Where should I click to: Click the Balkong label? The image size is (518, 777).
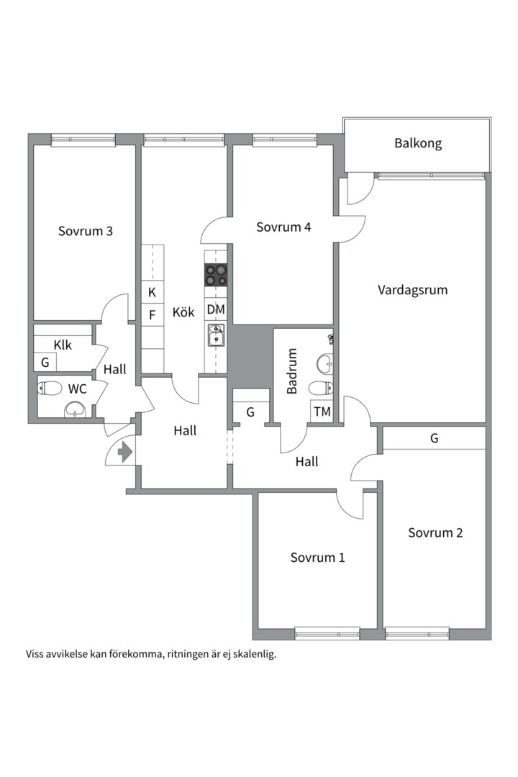click(418, 144)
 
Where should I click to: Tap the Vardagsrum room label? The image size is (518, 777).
click(412, 290)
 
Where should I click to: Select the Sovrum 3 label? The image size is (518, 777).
click(86, 231)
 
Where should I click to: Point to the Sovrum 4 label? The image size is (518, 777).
click(283, 227)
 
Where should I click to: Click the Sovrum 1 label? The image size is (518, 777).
click(317, 558)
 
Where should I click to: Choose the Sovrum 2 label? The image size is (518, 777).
click(435, 532)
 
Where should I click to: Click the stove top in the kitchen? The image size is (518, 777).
click(216, 276)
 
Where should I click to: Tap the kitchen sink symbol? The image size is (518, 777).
click(216, 335)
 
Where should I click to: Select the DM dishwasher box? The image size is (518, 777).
click(216, 309)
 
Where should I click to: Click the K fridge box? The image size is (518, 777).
click(153, 292)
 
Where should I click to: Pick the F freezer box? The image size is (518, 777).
click(153, 314)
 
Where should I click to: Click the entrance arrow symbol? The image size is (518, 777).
click(125, 452)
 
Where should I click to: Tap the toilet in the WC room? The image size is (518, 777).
click(50, 388)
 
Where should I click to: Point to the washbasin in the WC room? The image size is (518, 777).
click(75, 409)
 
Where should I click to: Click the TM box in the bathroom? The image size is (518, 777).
click(322, 412)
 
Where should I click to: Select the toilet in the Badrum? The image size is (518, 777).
click(320, 388)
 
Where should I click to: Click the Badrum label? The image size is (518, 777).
click(292, 371)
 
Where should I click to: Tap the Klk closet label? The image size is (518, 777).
click(63, 345)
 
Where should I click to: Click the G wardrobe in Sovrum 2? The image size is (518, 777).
click(435, 438)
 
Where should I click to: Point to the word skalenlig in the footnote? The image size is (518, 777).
click(256, 655)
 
